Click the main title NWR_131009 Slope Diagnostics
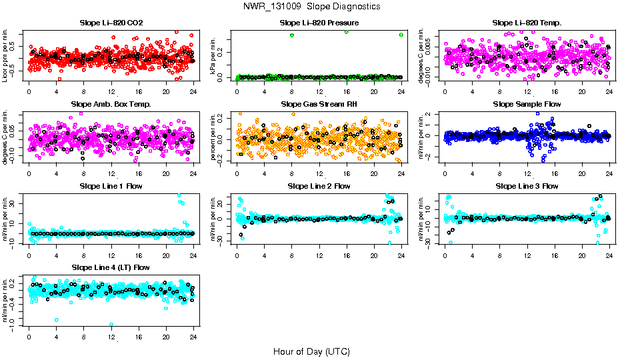coord(311,6)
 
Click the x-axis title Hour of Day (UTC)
coord(311,351)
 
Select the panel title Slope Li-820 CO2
coord(111,23)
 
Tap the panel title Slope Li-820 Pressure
coord(319,23)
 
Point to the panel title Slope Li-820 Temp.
coord(527,23)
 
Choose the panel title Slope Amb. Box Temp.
coord(111,105)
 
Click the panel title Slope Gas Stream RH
coord(319,105)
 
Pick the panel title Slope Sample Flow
coord(527,105)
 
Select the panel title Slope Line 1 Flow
coord(111,186)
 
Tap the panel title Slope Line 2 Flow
coord(319,186)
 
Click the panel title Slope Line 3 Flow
coord(527,186)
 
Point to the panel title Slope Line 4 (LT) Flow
coord(111,267)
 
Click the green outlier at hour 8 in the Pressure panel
coord(292,35)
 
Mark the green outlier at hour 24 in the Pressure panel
coord(401,35)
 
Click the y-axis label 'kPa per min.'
coord(214,56)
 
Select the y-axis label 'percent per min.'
coord(214,137)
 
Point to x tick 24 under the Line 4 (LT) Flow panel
coord(193,335)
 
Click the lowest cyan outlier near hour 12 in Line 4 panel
coord(111,325)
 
